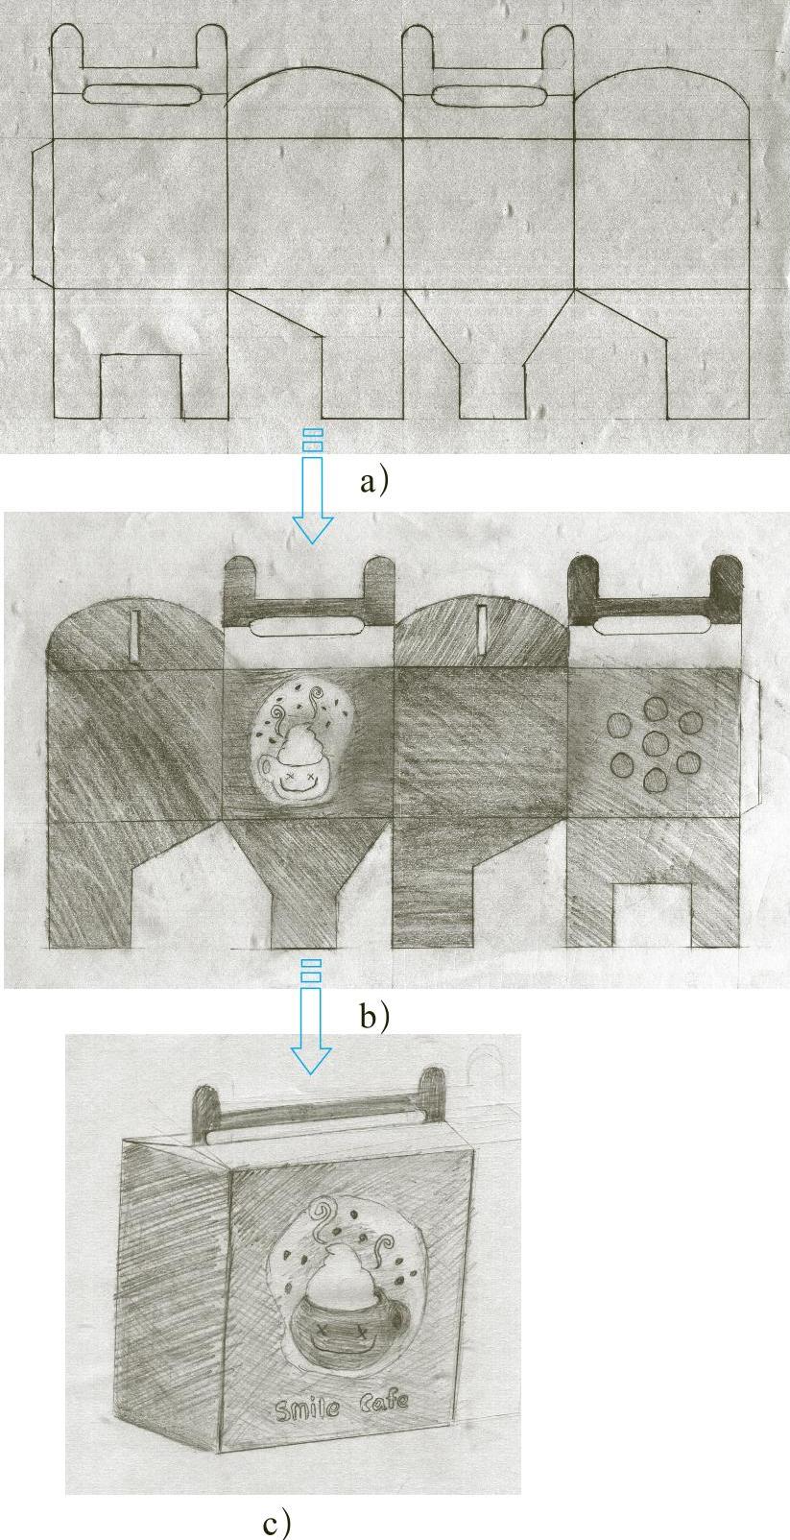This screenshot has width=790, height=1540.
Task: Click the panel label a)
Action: tap(374, 481)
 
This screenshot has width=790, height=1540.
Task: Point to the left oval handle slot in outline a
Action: tap(141, 94)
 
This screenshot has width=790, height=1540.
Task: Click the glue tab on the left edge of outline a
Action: tap(42, 214)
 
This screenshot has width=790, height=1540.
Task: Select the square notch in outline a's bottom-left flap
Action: tap(141, 386)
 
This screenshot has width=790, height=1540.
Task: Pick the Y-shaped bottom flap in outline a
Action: tap(489, 354)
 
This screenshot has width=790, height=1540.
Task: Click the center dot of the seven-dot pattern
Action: tap(657, 742)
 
